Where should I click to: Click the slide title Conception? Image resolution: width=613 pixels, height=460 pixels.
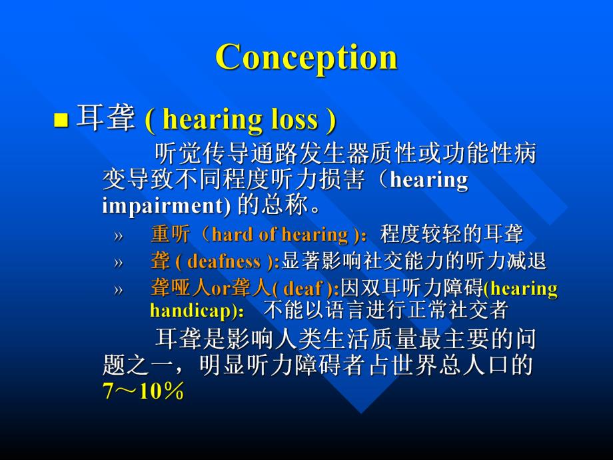306,57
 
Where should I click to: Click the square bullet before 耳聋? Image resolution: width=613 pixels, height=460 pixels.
61,121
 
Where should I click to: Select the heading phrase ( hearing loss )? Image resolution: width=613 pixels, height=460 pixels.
240,120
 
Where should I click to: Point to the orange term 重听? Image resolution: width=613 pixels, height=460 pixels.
171,235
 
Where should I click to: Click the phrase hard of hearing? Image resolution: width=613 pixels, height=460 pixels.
280,235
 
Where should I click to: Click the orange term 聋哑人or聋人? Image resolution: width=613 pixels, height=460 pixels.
210,289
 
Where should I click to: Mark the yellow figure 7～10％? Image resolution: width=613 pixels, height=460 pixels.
143,391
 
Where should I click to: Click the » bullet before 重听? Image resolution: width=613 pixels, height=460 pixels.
118,235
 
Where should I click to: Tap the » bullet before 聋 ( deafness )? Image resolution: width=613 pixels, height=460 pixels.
118,263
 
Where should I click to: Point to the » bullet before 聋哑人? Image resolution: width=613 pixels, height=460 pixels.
118,289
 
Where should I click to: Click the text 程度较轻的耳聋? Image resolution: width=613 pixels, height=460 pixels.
452,235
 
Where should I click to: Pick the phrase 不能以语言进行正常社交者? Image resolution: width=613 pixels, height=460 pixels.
386,311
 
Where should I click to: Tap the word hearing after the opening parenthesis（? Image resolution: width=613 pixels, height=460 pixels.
428,181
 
